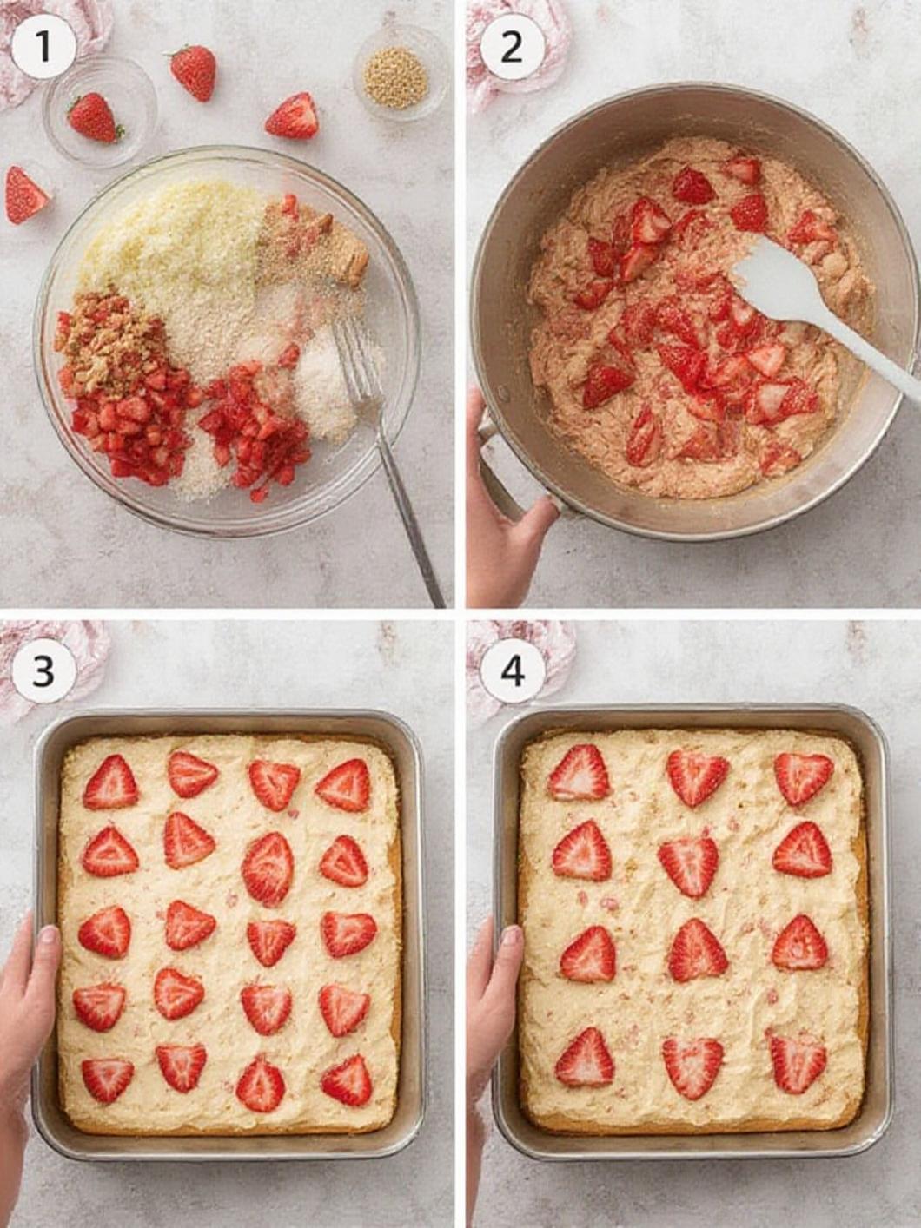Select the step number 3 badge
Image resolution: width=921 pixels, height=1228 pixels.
click(43, 671)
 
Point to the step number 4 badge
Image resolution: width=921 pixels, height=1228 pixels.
click(512, 671)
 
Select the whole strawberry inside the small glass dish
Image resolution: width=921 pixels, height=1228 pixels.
click(94, 117)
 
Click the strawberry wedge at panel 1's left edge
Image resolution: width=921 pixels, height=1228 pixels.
click(25, 195)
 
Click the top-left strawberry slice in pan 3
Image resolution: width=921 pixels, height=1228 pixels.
click(111, 783)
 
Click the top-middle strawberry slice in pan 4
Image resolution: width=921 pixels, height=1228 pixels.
click(697, 777)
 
